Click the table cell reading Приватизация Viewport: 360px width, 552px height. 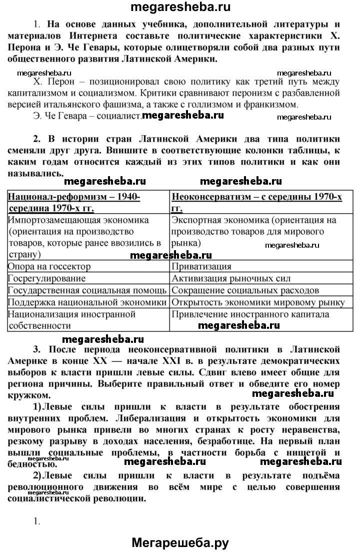pyautogui.click(x=201, y=266)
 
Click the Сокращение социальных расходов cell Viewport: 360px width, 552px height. pyautogui.click(x=245, y=290)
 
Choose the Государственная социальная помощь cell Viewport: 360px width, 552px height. pyautogui.click(x=88, y=290)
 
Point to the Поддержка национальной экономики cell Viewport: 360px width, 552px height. pyautogui.click(x=88, y=302)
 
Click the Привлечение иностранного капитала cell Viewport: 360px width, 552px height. pyautogui.click(x=250, y=314)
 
